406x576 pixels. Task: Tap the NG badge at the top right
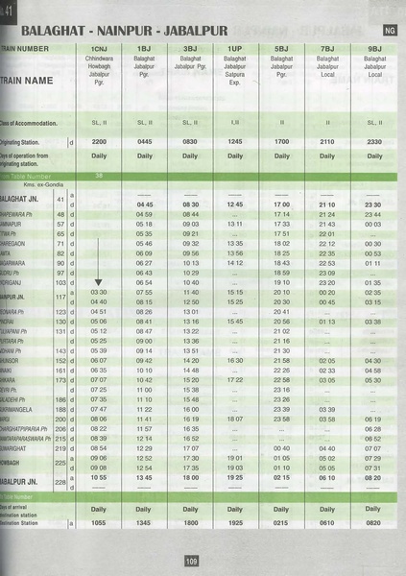389,32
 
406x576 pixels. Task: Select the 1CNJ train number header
99,47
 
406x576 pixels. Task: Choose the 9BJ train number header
374,47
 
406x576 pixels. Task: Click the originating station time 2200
99,142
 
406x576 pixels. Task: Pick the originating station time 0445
145,142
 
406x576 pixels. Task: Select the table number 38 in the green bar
99,176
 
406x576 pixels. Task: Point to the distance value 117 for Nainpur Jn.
60,297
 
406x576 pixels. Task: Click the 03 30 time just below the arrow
99,293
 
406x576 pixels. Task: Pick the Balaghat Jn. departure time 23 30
373,204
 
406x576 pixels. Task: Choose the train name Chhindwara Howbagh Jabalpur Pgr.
99,70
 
